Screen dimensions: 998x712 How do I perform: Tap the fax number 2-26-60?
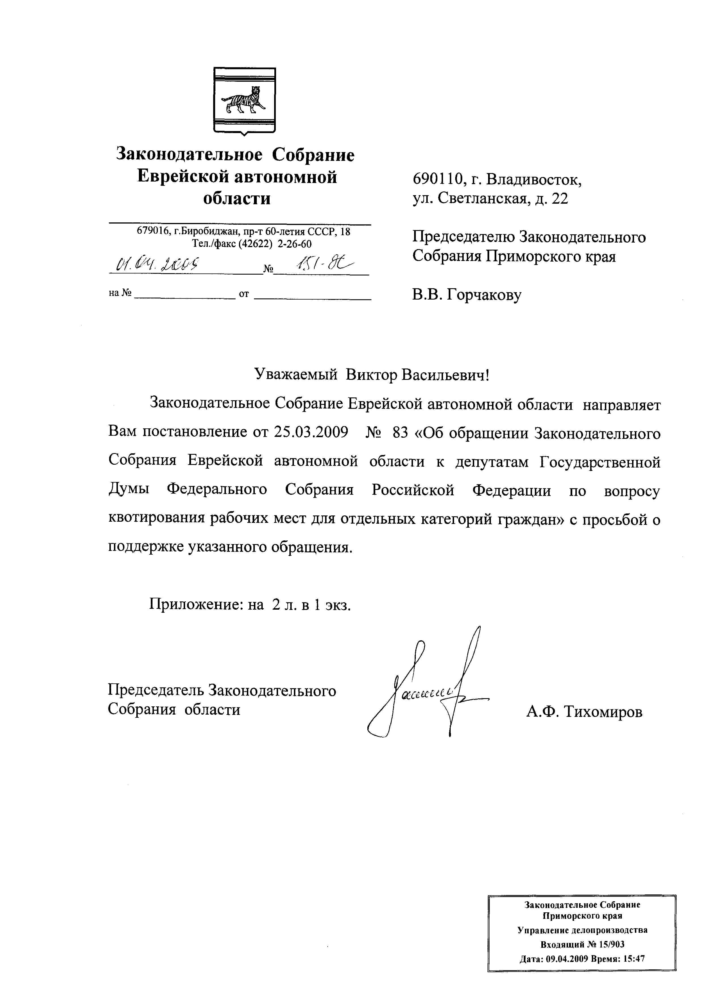click(294, 244)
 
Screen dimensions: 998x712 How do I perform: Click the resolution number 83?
click(400, 433)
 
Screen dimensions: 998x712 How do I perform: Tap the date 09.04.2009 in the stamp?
click(566, 959)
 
